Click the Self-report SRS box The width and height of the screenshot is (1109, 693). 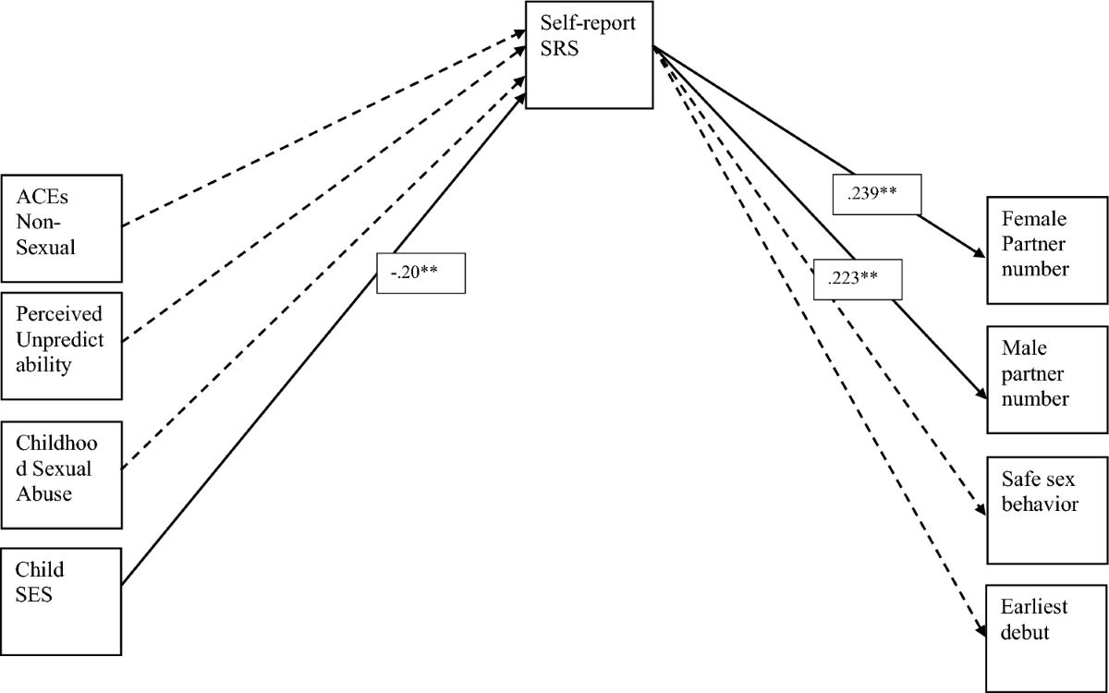point(588,55)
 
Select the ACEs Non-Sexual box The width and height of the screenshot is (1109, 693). point(61,227)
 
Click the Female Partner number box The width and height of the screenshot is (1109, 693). point(1046,249)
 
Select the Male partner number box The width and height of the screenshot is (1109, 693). point(1046,379)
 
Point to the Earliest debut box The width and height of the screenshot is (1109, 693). point(1046,638)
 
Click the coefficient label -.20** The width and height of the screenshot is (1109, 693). point(420,274)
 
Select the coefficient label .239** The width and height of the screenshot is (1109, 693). point(875,195)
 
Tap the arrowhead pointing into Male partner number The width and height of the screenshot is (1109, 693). point(980,396)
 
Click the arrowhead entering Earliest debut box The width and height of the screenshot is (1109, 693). point(980,634)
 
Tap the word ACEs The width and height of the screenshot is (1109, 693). point(38,197)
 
